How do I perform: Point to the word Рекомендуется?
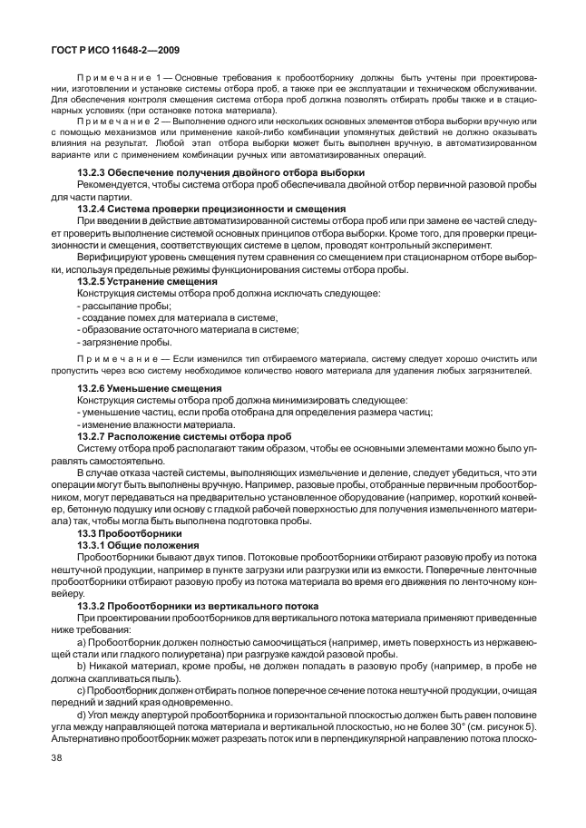(x=113, y=185)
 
